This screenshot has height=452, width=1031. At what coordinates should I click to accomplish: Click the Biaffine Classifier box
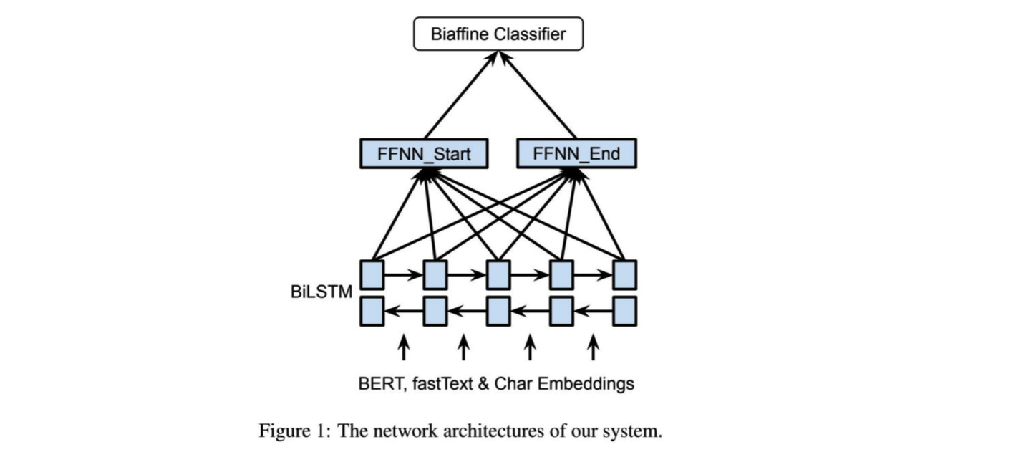498,34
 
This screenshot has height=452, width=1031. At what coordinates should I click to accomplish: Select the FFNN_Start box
425,153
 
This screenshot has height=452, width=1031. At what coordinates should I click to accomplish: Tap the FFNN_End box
576,153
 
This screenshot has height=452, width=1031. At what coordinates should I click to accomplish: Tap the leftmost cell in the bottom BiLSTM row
372,311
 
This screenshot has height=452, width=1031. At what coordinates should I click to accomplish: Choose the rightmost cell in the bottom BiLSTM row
624,311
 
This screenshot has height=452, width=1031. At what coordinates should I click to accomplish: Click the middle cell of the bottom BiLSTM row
498,311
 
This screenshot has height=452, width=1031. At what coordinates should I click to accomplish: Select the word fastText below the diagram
441,384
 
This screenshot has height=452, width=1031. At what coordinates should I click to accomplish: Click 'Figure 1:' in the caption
294,431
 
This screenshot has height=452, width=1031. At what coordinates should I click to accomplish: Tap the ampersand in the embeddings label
484,384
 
